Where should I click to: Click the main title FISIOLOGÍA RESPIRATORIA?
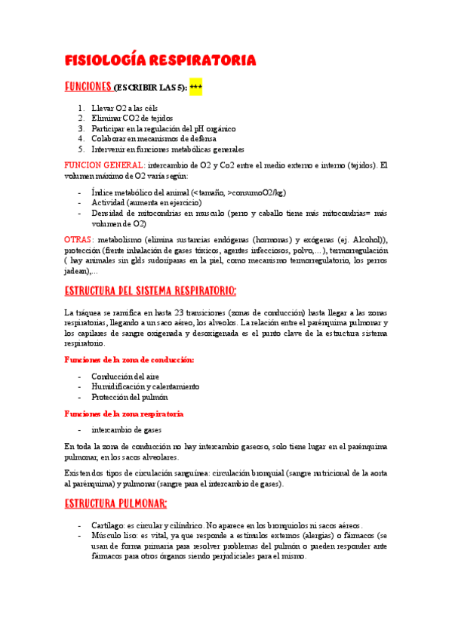(x=160, y=60)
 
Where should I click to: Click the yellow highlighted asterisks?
(x=195, y=88)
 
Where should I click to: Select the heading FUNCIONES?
(x=89, y=87)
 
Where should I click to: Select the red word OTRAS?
(x=79, y=239)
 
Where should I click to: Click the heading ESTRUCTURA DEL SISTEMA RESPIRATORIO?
(x=151, y=291)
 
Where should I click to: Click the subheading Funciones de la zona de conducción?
(x=129, y=360)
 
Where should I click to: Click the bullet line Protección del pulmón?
(x=130, y=397)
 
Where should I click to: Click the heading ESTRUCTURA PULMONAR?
(x=115, y=503)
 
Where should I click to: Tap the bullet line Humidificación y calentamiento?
(x=146, y=386)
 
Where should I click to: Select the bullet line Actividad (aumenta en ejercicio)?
(x=146, y=203)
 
